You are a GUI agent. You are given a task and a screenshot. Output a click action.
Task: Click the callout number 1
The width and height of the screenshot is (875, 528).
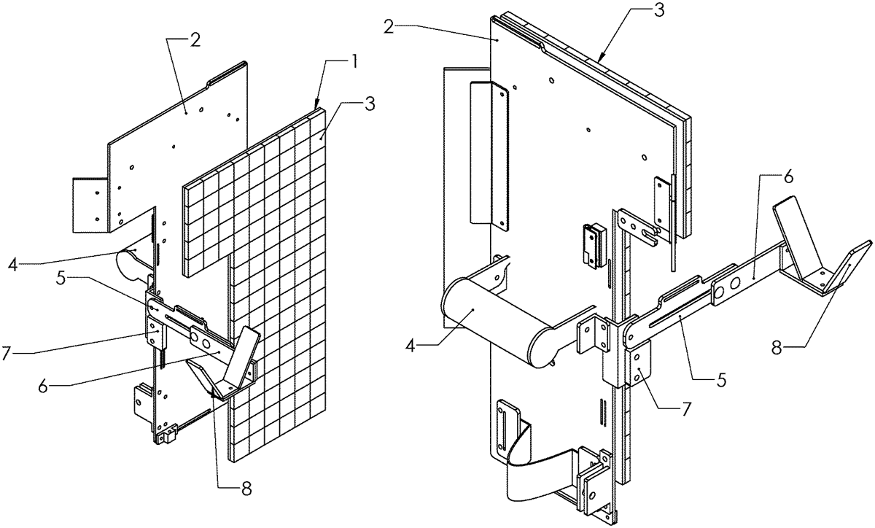coord(353,63)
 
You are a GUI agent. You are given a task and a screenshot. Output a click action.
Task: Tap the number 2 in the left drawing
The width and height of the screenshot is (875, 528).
coord(195,40)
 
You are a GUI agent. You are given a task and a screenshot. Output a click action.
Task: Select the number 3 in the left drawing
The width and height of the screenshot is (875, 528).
coord(369,104)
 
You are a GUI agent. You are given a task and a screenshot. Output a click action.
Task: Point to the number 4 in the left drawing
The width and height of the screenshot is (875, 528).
coord(13,265)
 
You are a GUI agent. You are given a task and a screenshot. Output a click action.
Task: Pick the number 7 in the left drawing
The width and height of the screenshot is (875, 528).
coord(7,353)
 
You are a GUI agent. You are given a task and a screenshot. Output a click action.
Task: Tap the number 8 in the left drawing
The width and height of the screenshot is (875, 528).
coord(246,489)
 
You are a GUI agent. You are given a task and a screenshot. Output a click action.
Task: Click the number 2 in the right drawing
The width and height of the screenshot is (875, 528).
coord(389,26)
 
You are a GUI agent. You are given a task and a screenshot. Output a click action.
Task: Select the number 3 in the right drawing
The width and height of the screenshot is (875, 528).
coord(658,10)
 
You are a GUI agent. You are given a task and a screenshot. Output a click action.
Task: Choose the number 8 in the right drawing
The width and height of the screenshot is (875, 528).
coord(777,347)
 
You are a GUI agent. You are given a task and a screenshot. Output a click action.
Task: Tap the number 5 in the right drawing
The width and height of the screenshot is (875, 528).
coord(722,379)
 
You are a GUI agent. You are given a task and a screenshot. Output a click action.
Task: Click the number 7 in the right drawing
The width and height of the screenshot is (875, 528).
coord(686,409)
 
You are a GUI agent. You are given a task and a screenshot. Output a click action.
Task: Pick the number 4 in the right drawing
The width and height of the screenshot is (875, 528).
coord(410,346)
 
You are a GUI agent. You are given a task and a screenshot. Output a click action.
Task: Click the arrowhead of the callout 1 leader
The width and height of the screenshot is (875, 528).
coord(316,104)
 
